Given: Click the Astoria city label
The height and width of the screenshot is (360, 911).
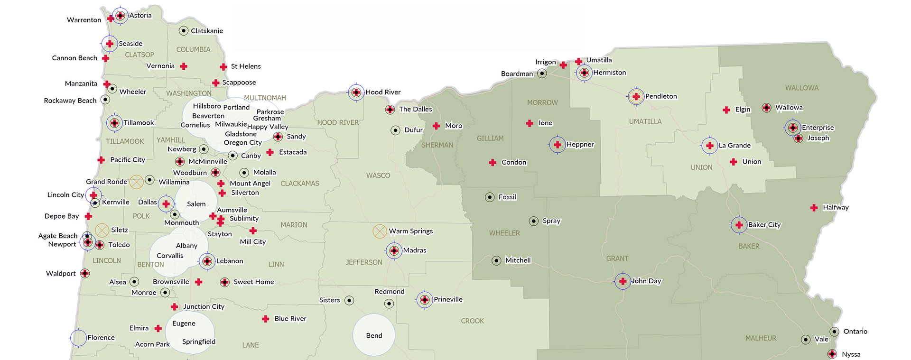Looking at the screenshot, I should pyautogui.click(x=140, y=16).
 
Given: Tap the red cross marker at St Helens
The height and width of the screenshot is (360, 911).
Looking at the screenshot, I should pyautogui.click(x=223, y=67).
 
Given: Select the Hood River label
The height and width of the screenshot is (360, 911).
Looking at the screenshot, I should pyautogui.click(x=382, y=92).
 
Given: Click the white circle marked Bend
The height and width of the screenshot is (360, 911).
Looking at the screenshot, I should pyautogui.click(x=374, y=335).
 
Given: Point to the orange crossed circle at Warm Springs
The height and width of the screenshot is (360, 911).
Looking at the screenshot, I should pyautogui.click(x=380, y=231).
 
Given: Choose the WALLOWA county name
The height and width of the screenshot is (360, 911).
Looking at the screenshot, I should pyautogui.click(x=801, y=88).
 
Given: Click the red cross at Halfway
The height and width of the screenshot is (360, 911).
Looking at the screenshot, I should pyautogui.click(x=814, y=208).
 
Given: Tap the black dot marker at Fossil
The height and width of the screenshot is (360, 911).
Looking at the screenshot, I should pyautogui.click(x=490, y=197).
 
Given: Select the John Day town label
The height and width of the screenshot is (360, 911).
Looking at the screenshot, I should pyautogui.click(x=646, y=281).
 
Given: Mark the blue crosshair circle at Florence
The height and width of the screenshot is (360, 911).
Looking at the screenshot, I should pyautogui.click(x=78, y=338).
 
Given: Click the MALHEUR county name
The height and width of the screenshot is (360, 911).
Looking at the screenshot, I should pyautogui.click(x=761, y=338).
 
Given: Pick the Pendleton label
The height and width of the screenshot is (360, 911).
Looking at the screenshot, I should pyautogui.click(x=660, y=96).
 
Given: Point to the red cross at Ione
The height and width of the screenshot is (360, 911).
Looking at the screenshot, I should pyautogui.click(x=530, y=123).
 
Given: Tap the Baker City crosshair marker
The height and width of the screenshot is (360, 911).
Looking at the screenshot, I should pyautogui.click(x=739, y=225).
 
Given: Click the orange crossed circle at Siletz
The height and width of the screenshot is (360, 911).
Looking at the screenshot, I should pyautogui.click(x=102, y=231).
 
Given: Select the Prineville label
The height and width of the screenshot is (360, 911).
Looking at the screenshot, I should pyautogui.click(x=447, y=299).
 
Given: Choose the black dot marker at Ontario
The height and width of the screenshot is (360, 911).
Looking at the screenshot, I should pyautogui.click(x=834, y=332).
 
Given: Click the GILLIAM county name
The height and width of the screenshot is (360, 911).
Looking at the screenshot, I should pyautogui.click(x=490, y=138).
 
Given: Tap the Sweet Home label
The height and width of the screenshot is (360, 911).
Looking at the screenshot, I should pyautogui.click(x=253, y=282).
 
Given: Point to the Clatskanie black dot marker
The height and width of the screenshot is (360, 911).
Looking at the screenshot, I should pyautogui.click(x=184, y=31).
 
